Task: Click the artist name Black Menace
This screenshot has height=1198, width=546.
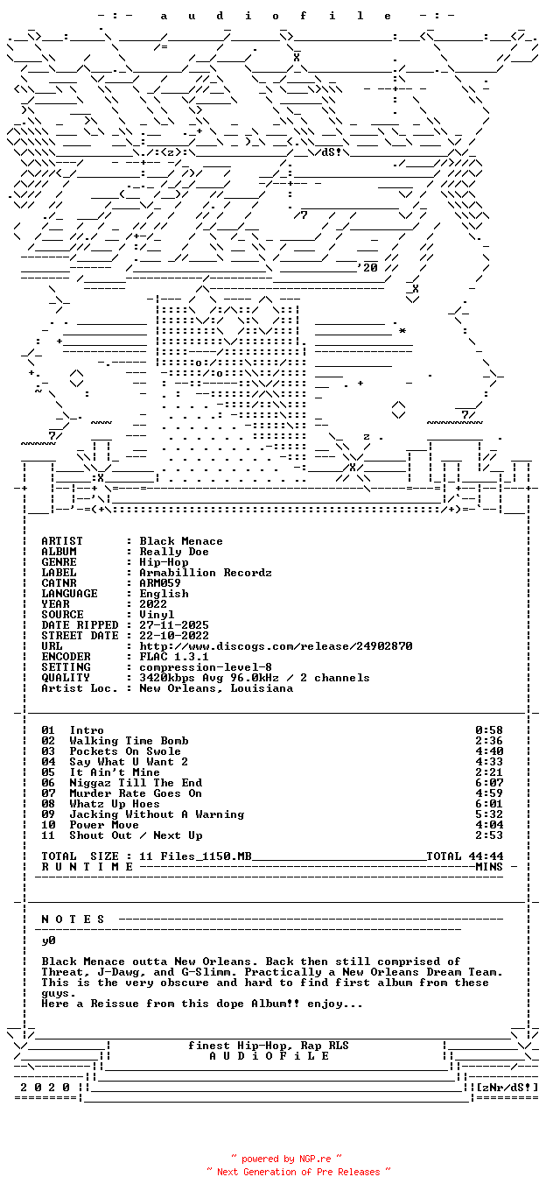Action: (181, 541)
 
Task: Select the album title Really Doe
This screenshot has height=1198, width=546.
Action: (174, 552)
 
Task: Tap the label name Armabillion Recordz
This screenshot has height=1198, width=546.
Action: (206, 573)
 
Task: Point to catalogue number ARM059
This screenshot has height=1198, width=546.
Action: (160, 583)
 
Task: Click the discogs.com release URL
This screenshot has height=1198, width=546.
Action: (276, 646)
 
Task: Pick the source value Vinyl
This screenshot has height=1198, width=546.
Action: (157, 615)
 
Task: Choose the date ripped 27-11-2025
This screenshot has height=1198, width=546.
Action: (174, 625)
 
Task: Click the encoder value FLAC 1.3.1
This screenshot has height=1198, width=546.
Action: (174, 657)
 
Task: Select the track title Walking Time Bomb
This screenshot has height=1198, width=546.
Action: (129, 741)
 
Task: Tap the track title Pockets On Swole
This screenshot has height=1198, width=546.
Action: (125, 751)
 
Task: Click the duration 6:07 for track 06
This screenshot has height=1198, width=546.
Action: (489, 783)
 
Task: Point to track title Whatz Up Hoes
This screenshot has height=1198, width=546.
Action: (115, 804)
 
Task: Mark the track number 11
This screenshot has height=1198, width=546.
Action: (48, 835)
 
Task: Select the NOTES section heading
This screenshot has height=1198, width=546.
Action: (73, 920)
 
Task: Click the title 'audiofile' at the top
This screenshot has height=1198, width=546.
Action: (276, 16)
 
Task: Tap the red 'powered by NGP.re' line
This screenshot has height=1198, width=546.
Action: (286, 1159)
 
